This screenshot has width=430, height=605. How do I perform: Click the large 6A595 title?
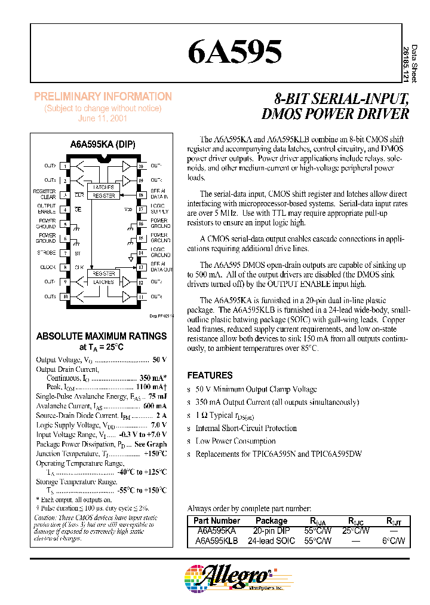235,52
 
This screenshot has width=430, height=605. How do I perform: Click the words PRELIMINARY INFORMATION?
103,96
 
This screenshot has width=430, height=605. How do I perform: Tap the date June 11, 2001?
103,118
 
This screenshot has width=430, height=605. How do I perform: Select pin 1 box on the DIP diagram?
65,166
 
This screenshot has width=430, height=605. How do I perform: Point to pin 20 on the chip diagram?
140,166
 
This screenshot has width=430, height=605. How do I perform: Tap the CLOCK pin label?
48,267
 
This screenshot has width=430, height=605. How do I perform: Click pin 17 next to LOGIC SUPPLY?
140,209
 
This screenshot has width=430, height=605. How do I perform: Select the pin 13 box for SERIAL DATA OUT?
140,267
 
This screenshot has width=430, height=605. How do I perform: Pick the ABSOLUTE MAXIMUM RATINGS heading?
102,336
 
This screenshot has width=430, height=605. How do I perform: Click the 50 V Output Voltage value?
159,360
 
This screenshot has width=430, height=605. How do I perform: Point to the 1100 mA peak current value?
149,387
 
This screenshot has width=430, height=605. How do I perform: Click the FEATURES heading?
210,375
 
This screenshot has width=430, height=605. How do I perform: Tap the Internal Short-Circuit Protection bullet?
245,428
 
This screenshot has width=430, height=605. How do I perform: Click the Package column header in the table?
271,521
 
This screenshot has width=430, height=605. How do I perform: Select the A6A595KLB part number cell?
217,541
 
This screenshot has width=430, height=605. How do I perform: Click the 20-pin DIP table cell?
271,531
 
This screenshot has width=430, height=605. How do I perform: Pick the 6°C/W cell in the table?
394,541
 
